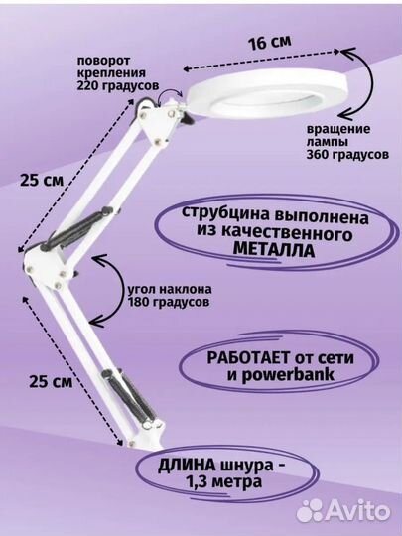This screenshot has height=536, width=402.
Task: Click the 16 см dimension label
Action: point(270,43)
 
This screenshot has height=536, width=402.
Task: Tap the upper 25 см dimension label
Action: point(42,180)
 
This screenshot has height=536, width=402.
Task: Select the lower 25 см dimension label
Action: point(51,381)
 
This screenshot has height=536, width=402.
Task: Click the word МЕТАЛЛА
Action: point(274,251)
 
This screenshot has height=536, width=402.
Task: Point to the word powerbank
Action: point(290,375)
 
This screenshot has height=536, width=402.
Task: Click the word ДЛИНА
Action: point(187,467)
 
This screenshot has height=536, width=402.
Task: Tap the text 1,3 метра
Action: point(224,482)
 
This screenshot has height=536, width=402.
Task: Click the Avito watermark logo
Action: point(342,511)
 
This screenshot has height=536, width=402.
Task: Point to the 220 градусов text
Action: point(118,85)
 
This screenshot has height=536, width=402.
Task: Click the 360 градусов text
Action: point(347,155)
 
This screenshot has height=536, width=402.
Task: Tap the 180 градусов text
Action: point(169,302)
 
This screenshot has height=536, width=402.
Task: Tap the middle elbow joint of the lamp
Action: point(44,267)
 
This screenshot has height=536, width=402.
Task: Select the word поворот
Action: point(104,62)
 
